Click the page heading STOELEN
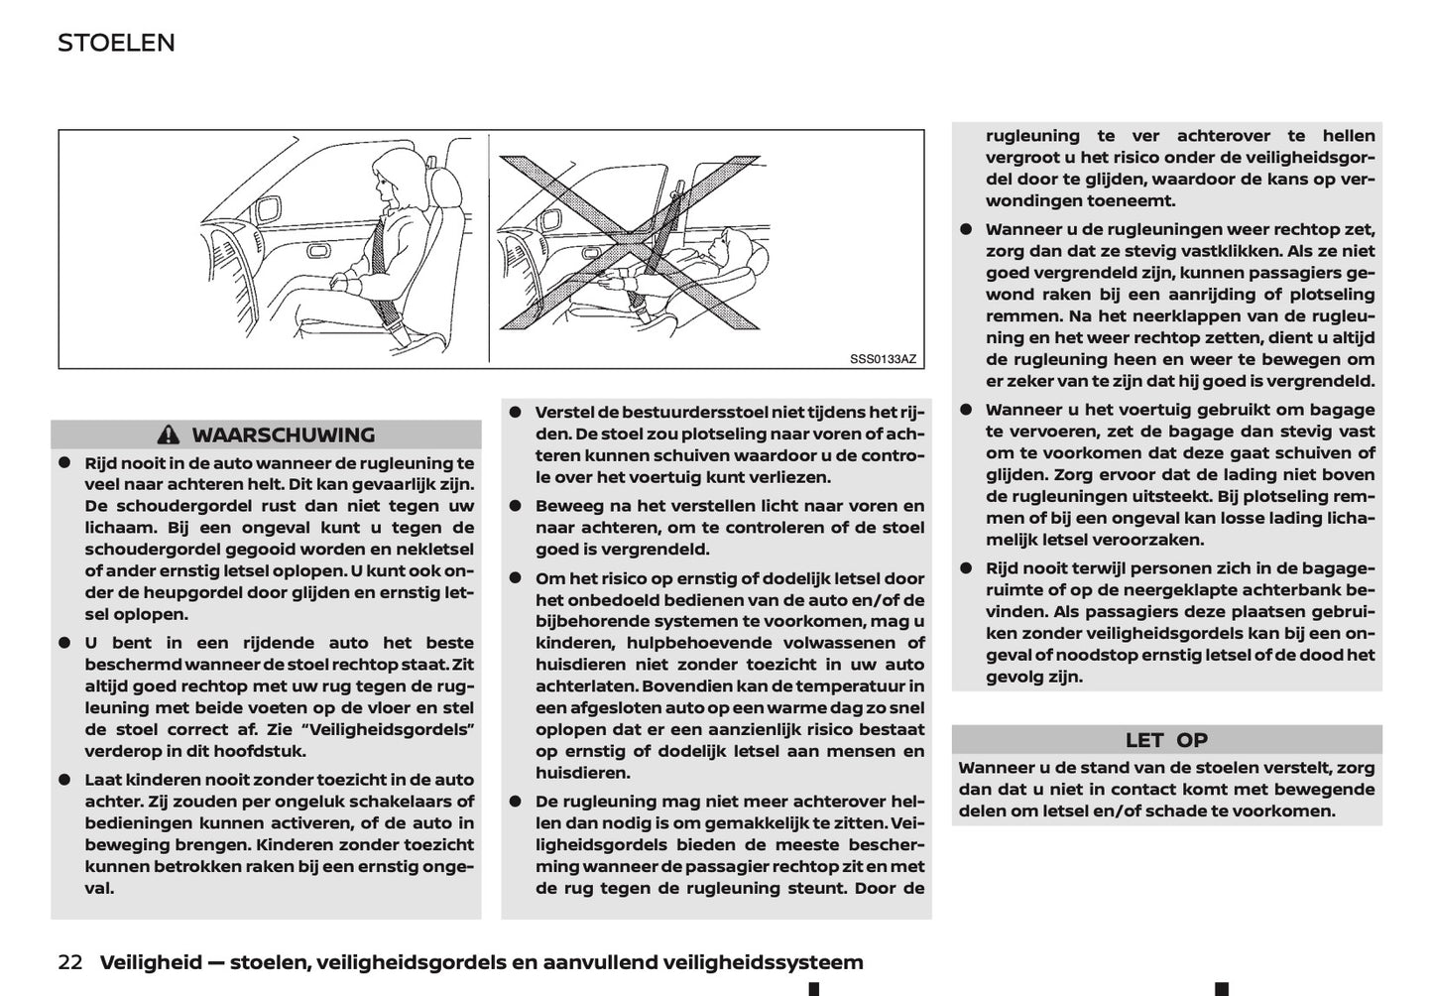[x=116, y=43]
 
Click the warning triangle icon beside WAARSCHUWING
[x=169, y=436]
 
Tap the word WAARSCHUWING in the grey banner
[x=283, y=436]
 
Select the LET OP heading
[x=1166, y=740]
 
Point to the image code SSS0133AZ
[x=883, y=358]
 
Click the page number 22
[x=69, y=962]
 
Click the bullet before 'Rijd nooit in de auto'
[x=64, y=463]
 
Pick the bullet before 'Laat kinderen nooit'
[x=64, y=780]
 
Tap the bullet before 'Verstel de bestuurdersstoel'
[x=516, y=412]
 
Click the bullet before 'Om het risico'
[x=516, y=578]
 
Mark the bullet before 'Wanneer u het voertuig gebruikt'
[x=966, y=410]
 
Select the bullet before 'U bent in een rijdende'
[x=64, y=643]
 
